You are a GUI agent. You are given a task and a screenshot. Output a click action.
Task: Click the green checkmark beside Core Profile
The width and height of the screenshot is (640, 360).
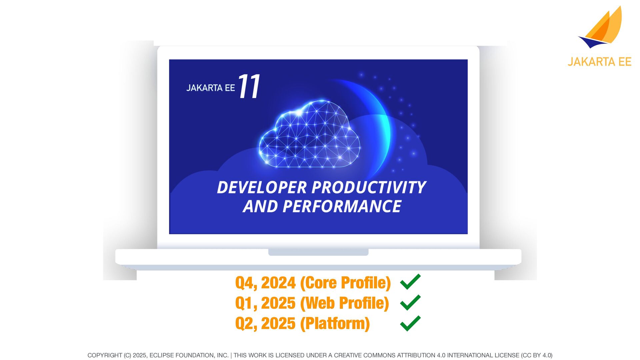point(410,282)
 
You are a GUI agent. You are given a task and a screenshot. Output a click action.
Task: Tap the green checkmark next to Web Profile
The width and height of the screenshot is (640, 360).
point(410,302)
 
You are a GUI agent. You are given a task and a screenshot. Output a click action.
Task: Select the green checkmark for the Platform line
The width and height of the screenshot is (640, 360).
point(410,323)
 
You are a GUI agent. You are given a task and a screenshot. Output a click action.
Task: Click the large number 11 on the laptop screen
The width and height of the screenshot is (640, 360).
point(249,86)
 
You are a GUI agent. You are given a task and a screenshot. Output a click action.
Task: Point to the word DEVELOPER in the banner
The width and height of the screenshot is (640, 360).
point(262,187)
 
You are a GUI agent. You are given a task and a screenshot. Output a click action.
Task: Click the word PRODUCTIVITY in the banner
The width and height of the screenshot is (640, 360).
point(369,187)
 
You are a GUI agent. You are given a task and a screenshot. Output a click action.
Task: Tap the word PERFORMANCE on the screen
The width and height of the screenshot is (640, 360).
point(342,206)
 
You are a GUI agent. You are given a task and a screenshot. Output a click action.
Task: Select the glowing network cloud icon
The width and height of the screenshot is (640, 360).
point(309,134)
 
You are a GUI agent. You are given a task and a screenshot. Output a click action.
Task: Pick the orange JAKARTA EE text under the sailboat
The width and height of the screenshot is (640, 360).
point(600,62)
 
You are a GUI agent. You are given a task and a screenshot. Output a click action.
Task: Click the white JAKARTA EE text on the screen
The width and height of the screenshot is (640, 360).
point(210,88)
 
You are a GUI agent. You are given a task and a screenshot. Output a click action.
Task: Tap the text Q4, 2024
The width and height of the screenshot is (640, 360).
point(265,283)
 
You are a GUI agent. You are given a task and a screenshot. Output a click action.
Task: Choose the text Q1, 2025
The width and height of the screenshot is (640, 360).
point(265,303)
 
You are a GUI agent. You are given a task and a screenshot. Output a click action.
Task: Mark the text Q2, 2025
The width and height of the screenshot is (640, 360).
point(265,323)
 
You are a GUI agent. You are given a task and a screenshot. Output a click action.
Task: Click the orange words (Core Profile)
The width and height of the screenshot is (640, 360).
point(345,283)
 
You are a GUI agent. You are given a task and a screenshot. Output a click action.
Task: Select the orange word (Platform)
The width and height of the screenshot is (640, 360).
point(335,323)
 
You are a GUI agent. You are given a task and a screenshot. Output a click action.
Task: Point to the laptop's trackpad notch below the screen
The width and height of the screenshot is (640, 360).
point(318,252)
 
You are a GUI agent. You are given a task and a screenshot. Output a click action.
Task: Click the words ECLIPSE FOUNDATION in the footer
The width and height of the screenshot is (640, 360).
point(189,355)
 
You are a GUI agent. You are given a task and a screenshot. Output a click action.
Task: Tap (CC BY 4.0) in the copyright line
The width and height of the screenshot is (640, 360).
point(537,355)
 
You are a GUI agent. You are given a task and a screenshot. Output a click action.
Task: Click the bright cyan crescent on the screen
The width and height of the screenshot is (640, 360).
point(380,127)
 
